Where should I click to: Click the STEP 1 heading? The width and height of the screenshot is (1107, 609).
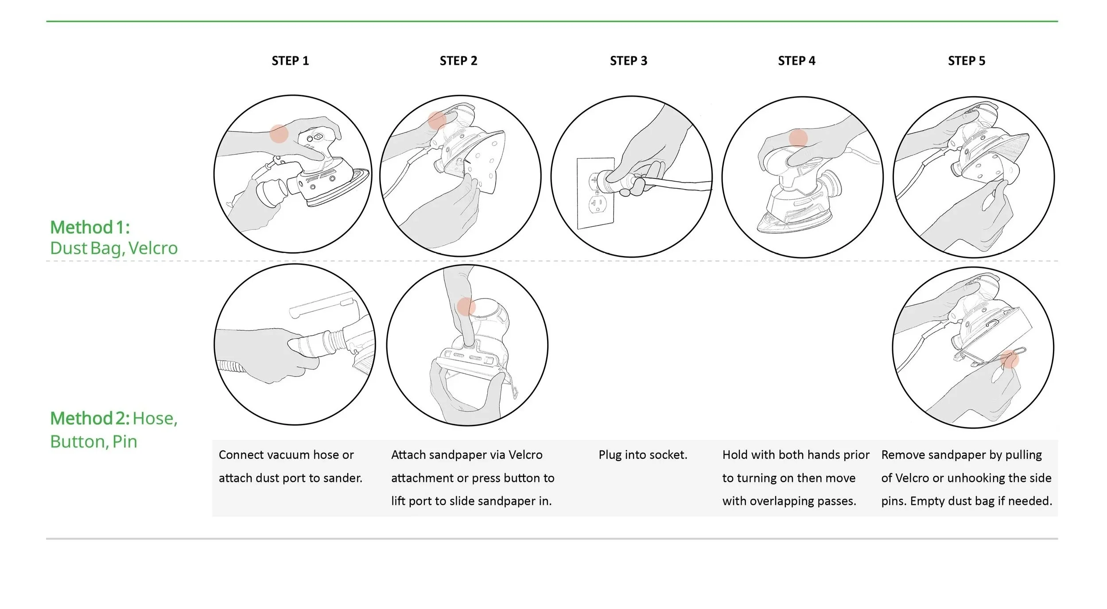290,61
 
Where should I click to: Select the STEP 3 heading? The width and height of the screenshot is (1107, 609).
628,61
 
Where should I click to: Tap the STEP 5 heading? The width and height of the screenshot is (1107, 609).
966,61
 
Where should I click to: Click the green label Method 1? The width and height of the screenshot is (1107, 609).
90,227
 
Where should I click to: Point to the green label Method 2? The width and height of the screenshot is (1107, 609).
90,418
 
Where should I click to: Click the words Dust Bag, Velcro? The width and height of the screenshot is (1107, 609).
114,248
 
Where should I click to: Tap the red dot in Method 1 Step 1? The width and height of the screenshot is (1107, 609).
279,134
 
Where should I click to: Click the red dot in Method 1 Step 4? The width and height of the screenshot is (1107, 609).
798,138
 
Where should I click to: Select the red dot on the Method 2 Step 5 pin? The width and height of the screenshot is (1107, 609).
1010,359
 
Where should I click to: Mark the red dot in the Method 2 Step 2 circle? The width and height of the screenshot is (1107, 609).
466,306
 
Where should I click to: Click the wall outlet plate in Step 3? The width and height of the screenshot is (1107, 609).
596,194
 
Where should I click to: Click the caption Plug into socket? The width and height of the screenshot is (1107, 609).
643,455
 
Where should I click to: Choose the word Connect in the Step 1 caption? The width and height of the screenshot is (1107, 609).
241,455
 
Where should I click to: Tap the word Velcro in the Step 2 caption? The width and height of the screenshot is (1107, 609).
525,455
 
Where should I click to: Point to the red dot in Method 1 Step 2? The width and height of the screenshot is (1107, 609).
437,120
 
